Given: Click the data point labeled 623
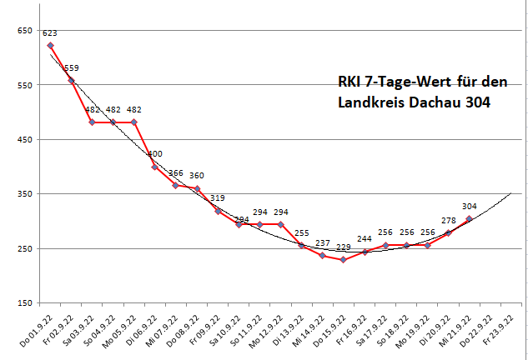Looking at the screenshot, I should click(51, 45).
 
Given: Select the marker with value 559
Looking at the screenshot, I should click(71, 80).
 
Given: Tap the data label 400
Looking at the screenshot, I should click(155, 154).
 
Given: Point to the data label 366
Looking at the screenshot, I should click(176, 173).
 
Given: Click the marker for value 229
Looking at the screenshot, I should click(343, 260).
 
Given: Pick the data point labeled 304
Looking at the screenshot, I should click(470, 219).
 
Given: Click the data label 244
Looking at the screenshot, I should click(365, 238).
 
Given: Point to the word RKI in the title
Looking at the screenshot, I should click(351, 82).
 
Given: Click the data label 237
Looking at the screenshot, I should click(324, 242).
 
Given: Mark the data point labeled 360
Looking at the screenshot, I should click(197, 189).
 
